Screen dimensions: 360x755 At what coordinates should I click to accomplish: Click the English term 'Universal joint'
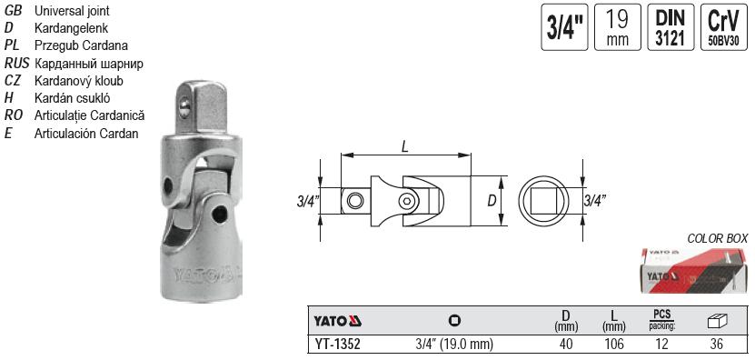pyautogui.click(x=73, y=10)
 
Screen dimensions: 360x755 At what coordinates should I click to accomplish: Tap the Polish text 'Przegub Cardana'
pyautogui.click(x=80, y=45)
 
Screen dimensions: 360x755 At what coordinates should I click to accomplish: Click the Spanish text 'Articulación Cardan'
pyautogui.click(x=85, y=134)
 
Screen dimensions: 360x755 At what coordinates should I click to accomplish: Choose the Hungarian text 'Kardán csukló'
pyautogui.click(x=72, y=98)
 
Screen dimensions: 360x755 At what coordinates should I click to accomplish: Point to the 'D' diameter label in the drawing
pyautogui.click(x=492, y=200)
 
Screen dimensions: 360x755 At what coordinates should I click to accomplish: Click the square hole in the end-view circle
pyautogui.click(x=543, y=200)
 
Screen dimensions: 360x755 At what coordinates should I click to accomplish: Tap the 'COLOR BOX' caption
pyautogui.click(x=718, y=237)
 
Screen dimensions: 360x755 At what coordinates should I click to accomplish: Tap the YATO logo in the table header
pyautogui.click(x=338, y=321)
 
